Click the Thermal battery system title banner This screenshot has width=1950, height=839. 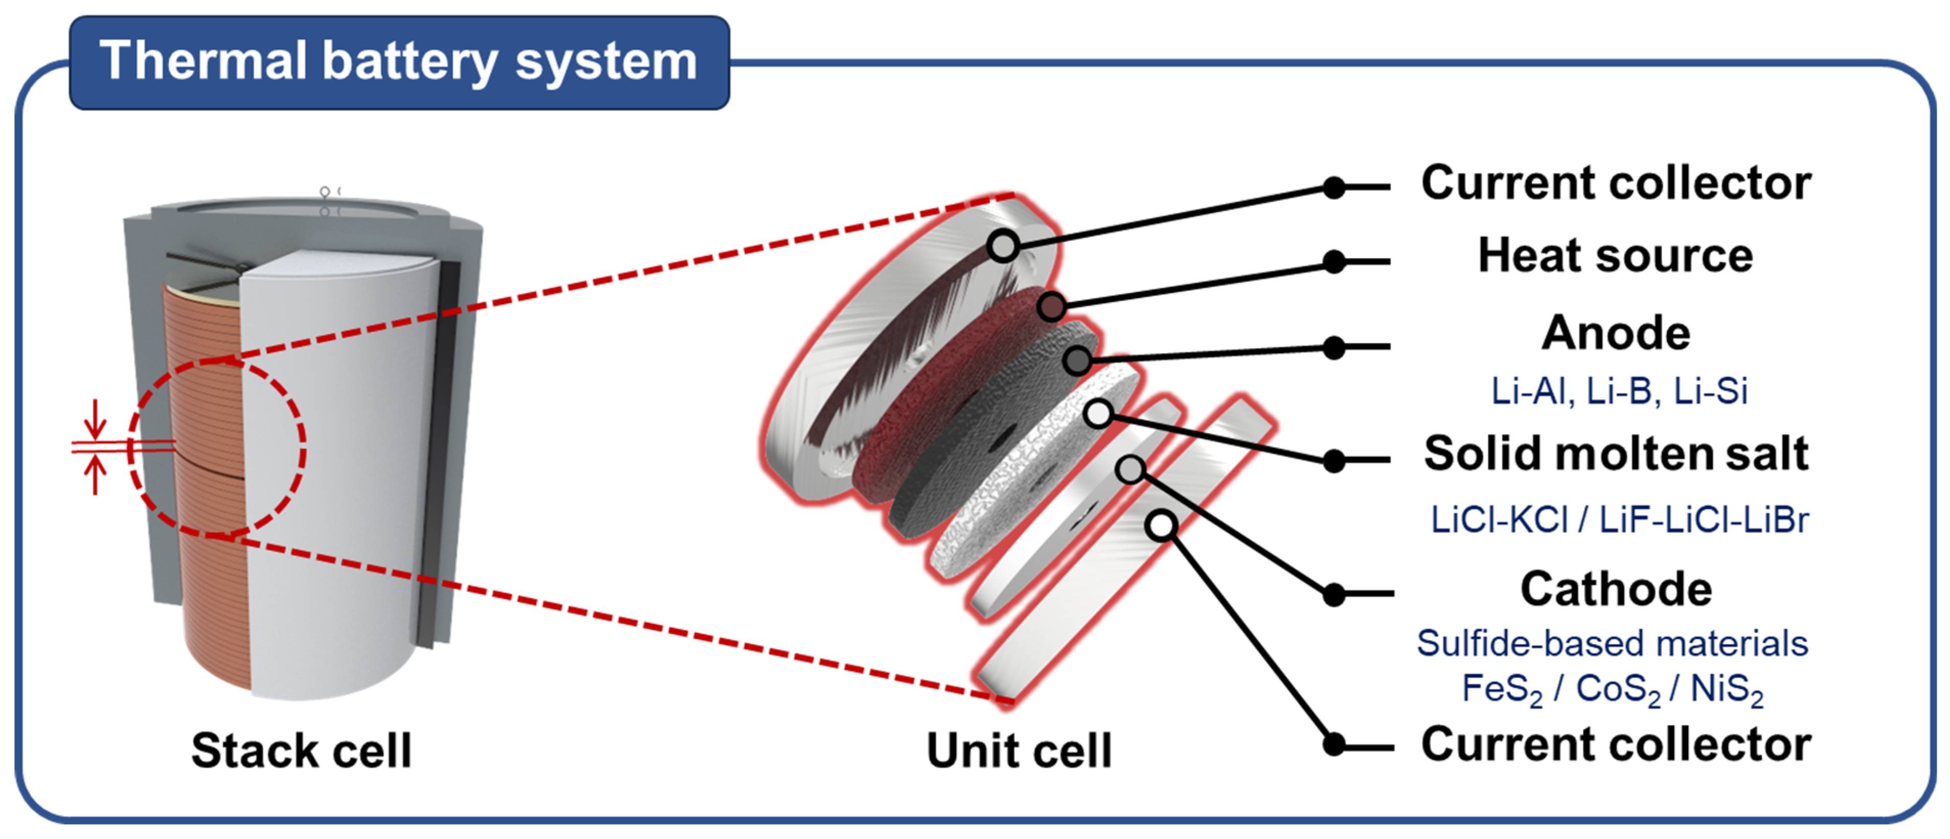pos(399,62)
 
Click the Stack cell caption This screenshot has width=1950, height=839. pos(301,751)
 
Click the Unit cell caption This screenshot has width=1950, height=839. pos(1019,751)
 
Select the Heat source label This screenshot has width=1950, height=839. pos(1616,256)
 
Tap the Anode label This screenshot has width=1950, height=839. pos(1616,333)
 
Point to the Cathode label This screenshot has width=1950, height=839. pos(1616,589)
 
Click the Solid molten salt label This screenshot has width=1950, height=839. pos(1616,453)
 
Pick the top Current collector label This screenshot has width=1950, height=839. pos(1616,183)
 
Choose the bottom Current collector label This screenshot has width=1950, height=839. pos(1616,744)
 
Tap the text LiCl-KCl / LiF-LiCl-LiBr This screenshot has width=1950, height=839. pos(1619,520)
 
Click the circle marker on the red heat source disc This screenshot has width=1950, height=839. pos(1052,307)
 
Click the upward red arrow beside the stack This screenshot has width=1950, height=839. pos(95,475)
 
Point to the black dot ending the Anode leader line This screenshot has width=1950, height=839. pos(1334,348)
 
